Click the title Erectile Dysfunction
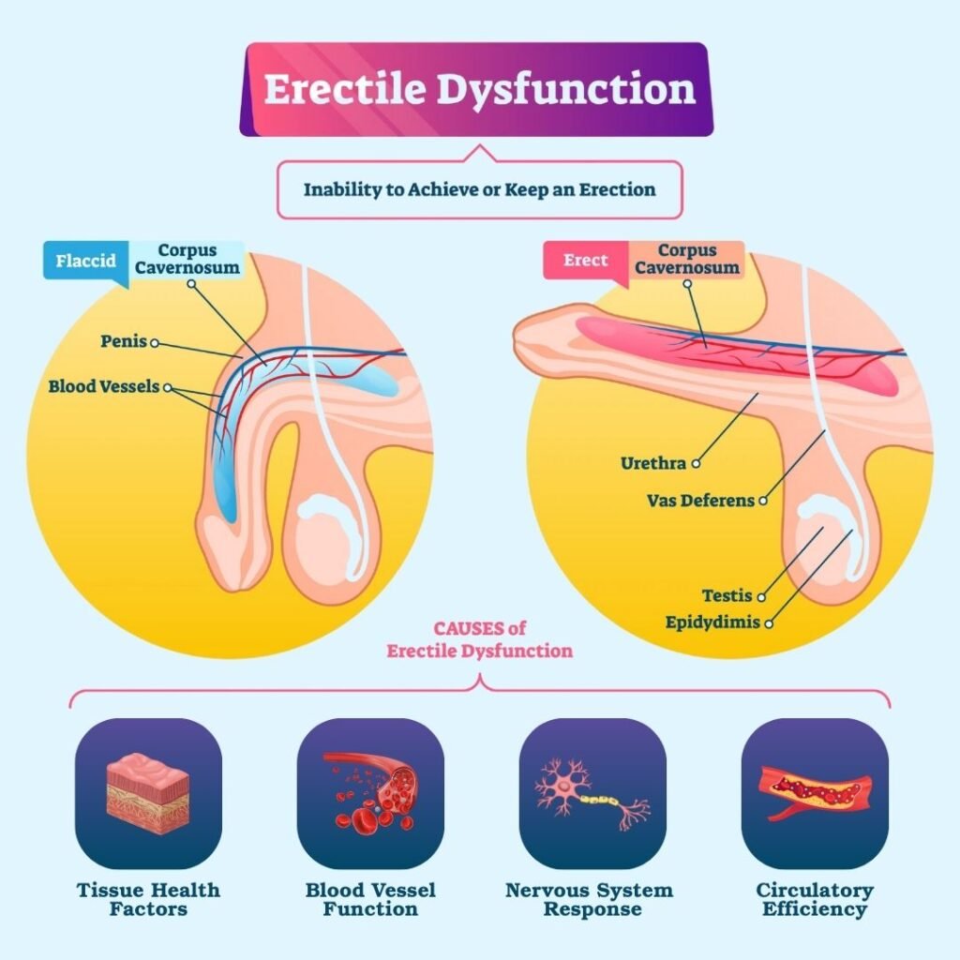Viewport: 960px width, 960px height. (479, 89)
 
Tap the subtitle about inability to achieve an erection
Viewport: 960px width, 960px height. (479, 189)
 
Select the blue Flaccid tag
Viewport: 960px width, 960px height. (85, 260)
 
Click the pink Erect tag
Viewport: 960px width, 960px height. (586, 260)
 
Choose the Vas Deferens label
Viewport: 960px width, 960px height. (700, 501)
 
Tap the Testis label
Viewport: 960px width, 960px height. (728, 595)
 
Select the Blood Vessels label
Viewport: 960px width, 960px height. (104, 386)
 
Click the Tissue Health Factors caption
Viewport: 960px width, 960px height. (148, 898)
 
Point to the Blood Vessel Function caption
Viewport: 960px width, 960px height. (370, 898)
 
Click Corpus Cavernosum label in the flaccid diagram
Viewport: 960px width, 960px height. (187, 260)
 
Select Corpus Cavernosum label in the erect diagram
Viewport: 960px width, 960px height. (686, 260)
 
